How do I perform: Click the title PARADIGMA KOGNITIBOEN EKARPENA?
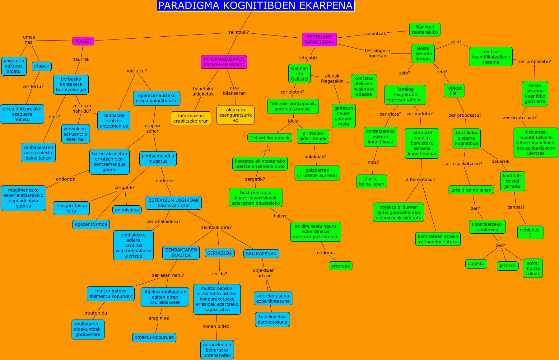pos(256,6)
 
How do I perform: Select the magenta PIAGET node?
pos(83,41)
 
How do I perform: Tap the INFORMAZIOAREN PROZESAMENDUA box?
pos(224,62)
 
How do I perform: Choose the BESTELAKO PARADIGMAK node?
pos(319,40)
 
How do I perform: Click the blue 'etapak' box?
pos(41,66)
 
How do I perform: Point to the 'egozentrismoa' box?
pos(91,224)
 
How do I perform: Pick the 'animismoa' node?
pos(127,210)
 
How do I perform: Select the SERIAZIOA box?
pos(219,253)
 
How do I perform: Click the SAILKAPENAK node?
pos(261,254)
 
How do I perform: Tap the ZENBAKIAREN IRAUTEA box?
pos(181,252)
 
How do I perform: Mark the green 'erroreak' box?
pos(340,266)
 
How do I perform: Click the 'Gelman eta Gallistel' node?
pos(299,74)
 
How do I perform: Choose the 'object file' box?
pos(454,91)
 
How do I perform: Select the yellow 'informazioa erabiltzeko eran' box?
pos(191,118)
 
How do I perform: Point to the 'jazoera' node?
pos(507,266)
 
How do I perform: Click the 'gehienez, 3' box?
pos(530,232)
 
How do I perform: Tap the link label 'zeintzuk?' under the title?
pos(238,32)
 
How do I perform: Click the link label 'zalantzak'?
pos(375,34)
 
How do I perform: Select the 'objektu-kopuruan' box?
pos(154,337)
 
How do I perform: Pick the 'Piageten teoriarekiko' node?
pos(425,30)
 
